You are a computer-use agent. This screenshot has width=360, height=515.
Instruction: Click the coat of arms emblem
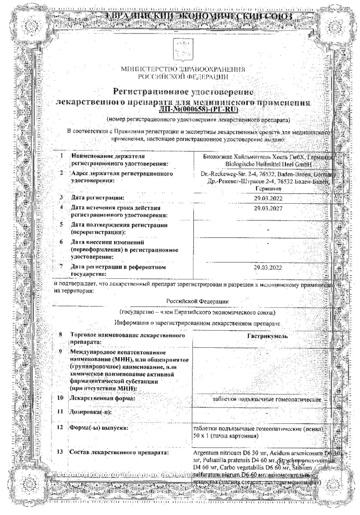pyautogui.click(x=180, y=49)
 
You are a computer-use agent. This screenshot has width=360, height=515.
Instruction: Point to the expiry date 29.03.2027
pyautogui.click(x=268, y=208)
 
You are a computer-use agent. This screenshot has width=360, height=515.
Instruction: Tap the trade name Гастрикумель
pyautogui.click(x=267, y=336)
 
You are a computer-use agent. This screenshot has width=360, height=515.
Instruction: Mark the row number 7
pyautogui.click(x=62, y=267)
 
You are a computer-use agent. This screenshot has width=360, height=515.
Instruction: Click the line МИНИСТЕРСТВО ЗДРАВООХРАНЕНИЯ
pyautogui.click(x=183, y=69)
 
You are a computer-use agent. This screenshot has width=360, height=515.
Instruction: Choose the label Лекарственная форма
pyautogui.click(x=102, y=398)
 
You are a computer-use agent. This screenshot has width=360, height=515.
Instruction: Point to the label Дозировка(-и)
pyautogui.click(x=90, y=412)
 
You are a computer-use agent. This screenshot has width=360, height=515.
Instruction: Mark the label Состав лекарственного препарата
pyautogui.click(x=119, y=452)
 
